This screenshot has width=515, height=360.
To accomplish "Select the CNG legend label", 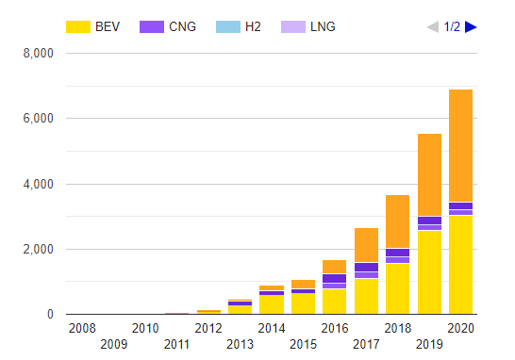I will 165,26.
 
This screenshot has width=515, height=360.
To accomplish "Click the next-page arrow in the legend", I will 472,26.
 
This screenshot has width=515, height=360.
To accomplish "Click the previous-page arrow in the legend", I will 433,26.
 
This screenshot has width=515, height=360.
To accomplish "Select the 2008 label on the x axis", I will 82,328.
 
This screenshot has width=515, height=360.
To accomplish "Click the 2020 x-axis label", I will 460,328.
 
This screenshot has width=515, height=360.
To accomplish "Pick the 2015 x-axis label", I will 303,344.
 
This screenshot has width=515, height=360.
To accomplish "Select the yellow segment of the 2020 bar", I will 460,265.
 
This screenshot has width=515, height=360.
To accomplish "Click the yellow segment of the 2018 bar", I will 397,288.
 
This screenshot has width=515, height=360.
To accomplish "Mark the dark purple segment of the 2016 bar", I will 334,278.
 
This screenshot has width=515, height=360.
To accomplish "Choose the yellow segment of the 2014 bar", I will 272,304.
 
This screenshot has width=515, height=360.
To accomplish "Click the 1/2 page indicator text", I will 453,26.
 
